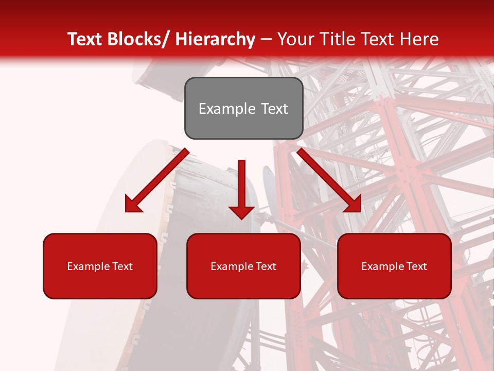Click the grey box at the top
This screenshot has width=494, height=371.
pos(243,108)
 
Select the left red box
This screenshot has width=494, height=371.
pos(100,266)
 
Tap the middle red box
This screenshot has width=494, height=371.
pos(243,266)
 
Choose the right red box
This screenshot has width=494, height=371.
pos(394,266)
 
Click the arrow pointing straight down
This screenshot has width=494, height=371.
pos(241,188)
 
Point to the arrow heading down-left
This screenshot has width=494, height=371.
pos(157,180)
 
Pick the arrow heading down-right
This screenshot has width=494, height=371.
pos(329,180)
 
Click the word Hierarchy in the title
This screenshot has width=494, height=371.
pos(215,39)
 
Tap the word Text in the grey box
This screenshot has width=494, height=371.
pos(274,109)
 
